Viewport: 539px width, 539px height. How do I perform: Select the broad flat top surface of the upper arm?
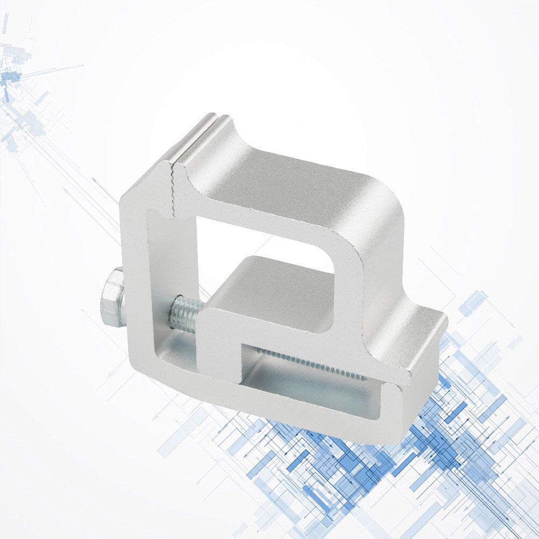[290, 183]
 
